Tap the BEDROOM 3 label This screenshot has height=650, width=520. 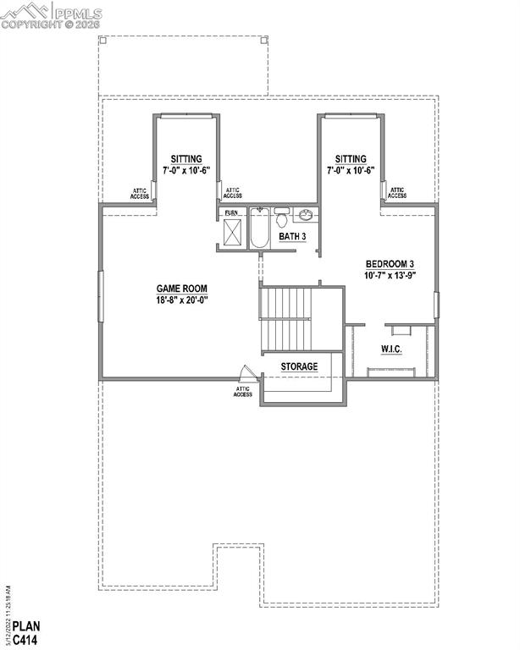click(390, 263)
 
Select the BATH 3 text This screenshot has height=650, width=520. click(293, 236)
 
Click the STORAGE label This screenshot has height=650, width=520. click(300, 366)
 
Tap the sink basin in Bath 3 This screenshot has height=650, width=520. click(306, 215)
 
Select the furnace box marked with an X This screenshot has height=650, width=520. click(232, 230)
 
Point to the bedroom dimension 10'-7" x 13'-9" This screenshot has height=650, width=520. click(390, 275)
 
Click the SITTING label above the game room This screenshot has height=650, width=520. click(185, 159)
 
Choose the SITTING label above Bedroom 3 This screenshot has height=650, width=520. click(351, 159)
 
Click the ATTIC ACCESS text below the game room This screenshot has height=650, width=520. click(243, 392)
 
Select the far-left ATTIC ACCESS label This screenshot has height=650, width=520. click(140, 193)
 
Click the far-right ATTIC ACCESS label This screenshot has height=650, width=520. click(396, 193)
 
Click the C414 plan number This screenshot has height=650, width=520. click(24, 640)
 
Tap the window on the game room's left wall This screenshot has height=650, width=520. click(101, 295)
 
